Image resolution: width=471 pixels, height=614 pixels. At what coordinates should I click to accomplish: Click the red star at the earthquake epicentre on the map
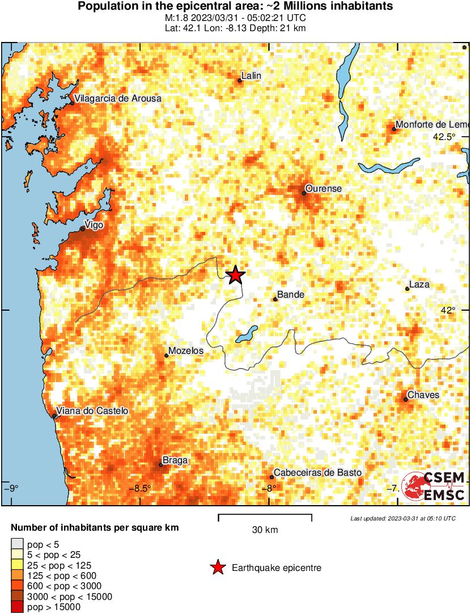(x=235, y=276)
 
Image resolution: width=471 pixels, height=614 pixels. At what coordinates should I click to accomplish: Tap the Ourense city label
(x=323, y=188)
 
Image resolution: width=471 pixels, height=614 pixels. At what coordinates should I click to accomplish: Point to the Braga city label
(x=175, y=460)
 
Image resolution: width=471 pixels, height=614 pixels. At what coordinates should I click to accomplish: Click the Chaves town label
(x=423, y=395)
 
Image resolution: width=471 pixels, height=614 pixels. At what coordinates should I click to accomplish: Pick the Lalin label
(x=251, y=75)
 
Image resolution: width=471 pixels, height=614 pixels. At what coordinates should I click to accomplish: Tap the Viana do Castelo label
(x=92, y=411)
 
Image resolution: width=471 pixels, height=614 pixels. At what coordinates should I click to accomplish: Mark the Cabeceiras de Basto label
(x=317, y=472)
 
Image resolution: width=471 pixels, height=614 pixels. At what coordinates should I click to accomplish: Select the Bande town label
(x=290, y=295)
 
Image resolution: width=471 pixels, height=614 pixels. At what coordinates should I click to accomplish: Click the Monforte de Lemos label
(x=432, y=125)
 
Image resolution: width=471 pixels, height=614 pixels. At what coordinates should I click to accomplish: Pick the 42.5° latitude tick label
(x=444, y=137)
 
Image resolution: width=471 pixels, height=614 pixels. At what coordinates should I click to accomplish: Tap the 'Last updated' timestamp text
(x=402, y=518)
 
